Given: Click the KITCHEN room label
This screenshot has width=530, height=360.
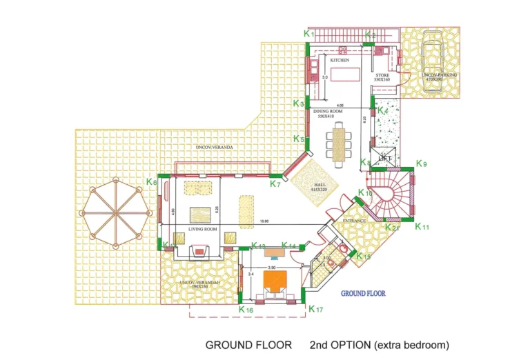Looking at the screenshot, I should point(340,61).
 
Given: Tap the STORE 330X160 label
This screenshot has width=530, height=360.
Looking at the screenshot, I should point(382,77).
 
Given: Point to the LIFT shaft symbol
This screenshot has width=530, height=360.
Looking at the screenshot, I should point(385,158).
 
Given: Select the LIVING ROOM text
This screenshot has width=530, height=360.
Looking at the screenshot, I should point(203,229).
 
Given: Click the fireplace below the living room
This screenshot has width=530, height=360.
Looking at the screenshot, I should point(199,251).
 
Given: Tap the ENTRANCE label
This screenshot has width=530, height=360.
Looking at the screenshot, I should point(355,221).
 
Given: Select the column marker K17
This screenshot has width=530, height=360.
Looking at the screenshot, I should point(315,309).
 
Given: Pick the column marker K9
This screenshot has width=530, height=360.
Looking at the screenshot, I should point(421,164).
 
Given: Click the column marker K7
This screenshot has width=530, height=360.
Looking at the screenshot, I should point(275,183).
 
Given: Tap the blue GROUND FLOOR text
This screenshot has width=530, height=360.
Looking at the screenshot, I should point(363,293).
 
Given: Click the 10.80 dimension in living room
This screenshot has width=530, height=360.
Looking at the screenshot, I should point(264,221).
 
